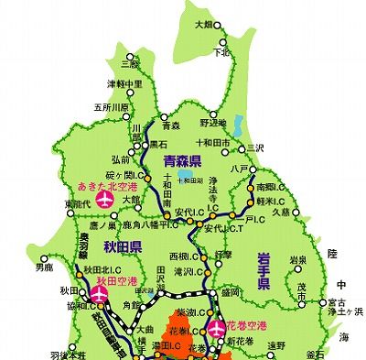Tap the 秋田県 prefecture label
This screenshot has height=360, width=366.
pyautogui.click(x=124, y=245)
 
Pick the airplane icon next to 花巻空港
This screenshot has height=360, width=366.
pyautogui.click(x=217, y=326)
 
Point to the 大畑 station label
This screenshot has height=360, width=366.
pyautogui.click(x=209, y=25)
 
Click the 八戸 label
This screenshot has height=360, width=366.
pyautogui.click(x=241, y=169)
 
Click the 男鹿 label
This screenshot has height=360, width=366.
pyautogui.click(x=44, y=268)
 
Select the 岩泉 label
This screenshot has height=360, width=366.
pyautogui.click(x=297, y=261)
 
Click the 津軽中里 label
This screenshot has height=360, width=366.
pyautogui.click(x=124, y=84)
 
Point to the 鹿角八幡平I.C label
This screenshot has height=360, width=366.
pyautogui.click(x=146, y=223)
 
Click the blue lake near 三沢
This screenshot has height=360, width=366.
pyautogui.click(x=239, y=125)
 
